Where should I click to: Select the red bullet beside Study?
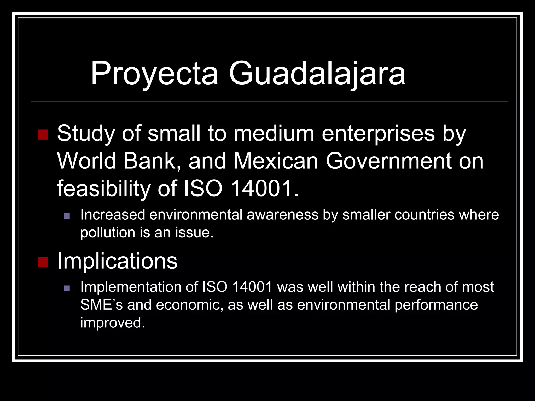point(43,135)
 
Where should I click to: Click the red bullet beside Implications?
point(43,262)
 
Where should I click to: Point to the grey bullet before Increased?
point(67,216)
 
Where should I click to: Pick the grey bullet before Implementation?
point(67,288)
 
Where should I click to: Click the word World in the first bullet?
point(86,161)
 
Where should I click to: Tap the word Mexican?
point(276,161)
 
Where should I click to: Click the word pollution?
point(107,232)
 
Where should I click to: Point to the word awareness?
point(282,215)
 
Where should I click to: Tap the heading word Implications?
point(117,261)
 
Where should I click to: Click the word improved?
point(112,322)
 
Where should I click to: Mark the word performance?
point(436,305)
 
